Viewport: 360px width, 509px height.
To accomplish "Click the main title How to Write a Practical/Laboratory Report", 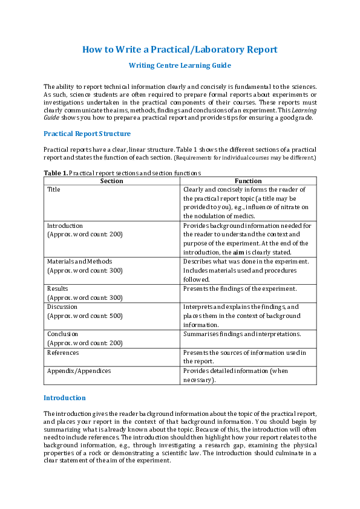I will pos(180,50).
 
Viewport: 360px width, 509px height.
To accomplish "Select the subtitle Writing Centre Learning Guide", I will pos(180,65).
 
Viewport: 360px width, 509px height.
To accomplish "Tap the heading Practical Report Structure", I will pos(87,134).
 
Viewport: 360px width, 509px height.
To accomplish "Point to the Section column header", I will pos(111,181).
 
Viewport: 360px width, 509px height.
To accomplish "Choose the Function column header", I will pos(248,181).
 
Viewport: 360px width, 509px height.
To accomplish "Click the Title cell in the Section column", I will pos(54,189).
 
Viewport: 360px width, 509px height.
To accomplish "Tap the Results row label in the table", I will pos(57,288).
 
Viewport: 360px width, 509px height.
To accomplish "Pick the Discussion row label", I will pos(62,306).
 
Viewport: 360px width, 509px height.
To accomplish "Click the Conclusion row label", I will pos(63,334).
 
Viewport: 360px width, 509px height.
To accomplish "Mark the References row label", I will pos(63,352).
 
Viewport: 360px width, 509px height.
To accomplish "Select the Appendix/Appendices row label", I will pos(79,371).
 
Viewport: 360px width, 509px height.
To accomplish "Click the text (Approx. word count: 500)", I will pos(85,316).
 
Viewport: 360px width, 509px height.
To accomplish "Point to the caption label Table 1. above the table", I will pos(56,173).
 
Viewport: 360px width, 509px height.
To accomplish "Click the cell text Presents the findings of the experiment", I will pos(240,288).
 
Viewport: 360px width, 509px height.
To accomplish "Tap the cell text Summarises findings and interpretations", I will pos(242,334).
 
